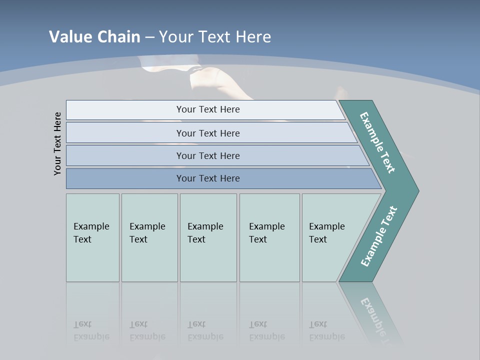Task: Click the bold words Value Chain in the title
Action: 94,37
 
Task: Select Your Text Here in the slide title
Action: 215,37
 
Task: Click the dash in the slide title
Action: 149,37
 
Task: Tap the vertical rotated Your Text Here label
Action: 57,143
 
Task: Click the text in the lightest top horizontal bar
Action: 208,109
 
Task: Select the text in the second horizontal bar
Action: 208,133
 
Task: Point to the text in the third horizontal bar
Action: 208,155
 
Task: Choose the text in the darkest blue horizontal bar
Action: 208,178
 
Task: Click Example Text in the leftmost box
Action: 91,233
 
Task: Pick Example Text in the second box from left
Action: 147,233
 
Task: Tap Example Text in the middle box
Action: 205,233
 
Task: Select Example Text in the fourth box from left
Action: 266,233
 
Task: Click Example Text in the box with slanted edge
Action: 326,233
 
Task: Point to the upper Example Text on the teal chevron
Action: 377,142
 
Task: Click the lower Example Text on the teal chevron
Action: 378,236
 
